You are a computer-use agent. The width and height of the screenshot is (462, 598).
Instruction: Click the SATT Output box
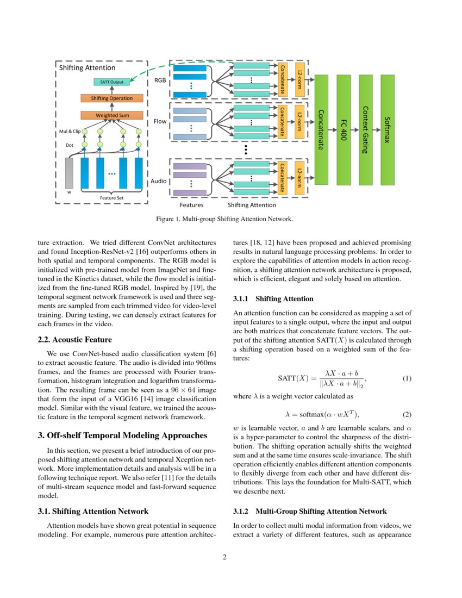click(x=111, y=82)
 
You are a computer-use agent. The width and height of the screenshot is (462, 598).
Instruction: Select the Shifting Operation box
click(x=111, y=98)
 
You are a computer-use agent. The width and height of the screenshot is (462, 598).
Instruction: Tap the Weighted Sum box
click(x=111, y=115)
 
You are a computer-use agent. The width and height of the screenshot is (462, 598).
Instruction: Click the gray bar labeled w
click(x=69, y=173)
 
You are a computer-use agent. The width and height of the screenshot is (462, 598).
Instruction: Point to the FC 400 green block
click(x=344, y=129)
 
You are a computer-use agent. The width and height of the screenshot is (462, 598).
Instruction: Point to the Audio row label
click(x=158, y=180)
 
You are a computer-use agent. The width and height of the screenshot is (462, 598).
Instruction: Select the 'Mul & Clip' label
click(x=70, y=132)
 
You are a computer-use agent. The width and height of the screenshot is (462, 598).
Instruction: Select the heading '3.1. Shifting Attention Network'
click(x=93, y=511)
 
